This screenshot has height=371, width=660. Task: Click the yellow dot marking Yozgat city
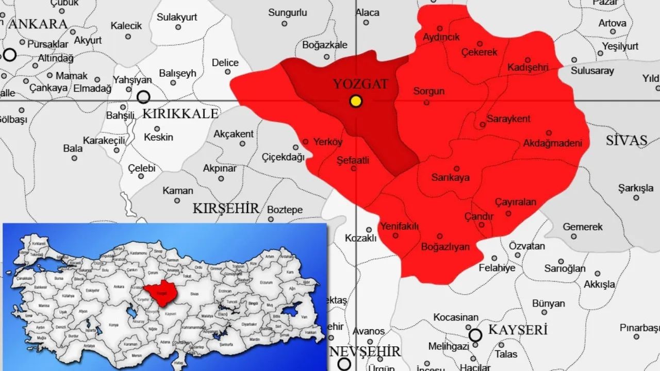[x=355, y=101]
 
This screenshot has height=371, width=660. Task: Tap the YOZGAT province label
[x=360, y=84]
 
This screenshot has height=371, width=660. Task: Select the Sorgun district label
[x=428, y=91]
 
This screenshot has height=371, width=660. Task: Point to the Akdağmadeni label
[x=552, y=143]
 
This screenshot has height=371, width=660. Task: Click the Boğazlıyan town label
[x=445, y=246]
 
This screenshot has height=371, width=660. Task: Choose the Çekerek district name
[x=479, y=52]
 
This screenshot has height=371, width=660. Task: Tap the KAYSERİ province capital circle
[x=475, y=335]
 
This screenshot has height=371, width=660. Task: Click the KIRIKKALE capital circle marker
[x=143, y=96]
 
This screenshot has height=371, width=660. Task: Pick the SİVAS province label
[x=626, y=140]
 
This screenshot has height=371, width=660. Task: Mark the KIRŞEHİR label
[x=226, y=208]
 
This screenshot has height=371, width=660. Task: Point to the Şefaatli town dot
[x=354, y=168]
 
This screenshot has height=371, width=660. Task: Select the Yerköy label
[x=328, y=142]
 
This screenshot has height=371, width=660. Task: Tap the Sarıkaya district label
[x=450, y=178]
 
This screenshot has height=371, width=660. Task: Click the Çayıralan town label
[x=516, y=202]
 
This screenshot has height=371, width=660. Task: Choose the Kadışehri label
[x=527, y=68]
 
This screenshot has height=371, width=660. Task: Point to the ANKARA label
[x=38, y=24]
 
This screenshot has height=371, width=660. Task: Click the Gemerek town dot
[x=574, y=237]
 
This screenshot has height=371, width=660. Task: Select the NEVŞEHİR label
[x=365, y=351]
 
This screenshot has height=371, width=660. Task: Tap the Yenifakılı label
[x=399, y=226]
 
